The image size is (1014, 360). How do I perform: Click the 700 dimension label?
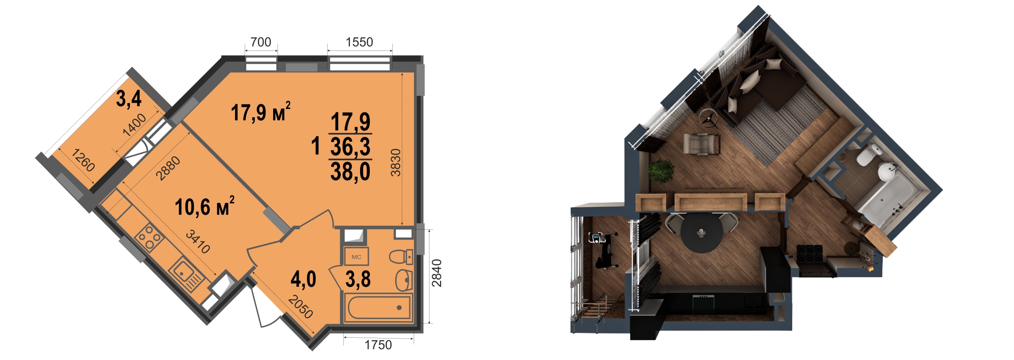261,42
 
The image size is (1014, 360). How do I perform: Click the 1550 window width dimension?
359,42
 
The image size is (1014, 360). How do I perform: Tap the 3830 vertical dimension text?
396,162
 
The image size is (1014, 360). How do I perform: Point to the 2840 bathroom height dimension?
437,273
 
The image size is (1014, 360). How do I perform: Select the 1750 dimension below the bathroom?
378,345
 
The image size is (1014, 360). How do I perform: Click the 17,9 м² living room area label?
260,112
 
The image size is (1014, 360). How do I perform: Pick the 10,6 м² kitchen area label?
205,206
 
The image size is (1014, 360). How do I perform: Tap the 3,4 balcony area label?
129,98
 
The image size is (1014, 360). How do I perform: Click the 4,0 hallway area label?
303,279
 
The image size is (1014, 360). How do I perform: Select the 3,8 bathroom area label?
358,279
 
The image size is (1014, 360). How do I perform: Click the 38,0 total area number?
350,172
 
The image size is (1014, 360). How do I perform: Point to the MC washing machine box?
356,257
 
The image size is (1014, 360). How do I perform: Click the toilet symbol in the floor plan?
401,257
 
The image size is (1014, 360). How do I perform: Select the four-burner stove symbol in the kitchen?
149,237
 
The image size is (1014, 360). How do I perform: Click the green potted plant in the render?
661,171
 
